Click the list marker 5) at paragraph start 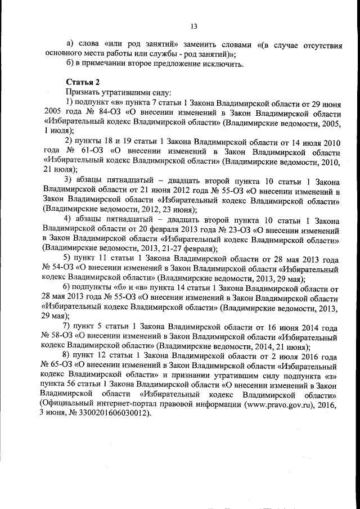70,259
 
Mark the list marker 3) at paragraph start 70,180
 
